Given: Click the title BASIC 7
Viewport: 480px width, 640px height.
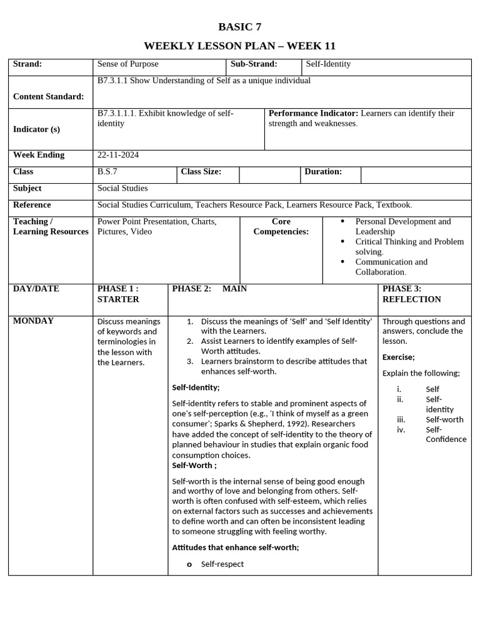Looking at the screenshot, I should [239, 26].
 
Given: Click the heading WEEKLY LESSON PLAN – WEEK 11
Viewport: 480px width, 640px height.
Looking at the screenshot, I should [239, 46].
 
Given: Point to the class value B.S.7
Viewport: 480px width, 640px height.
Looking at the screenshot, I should [107, 171].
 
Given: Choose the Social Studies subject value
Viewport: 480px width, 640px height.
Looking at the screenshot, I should [122, 188].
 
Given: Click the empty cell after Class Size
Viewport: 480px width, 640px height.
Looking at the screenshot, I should [269, 175].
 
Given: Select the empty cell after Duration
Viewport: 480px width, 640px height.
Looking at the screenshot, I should [416, 175].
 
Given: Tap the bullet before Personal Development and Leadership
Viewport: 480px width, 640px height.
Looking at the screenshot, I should [342, 221].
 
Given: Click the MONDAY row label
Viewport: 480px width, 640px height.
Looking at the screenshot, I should [33, 321].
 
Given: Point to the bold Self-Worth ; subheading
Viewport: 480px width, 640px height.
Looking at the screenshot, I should [194, 465].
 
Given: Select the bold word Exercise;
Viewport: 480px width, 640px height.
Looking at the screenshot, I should [398, 357].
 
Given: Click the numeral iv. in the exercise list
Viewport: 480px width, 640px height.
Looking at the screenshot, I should [401, 429].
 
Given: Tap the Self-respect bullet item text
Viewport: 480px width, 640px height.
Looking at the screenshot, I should [222, 564].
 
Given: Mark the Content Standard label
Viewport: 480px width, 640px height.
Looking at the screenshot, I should [48, 96].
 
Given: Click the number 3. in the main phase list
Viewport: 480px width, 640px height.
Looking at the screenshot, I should [190, 361].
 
